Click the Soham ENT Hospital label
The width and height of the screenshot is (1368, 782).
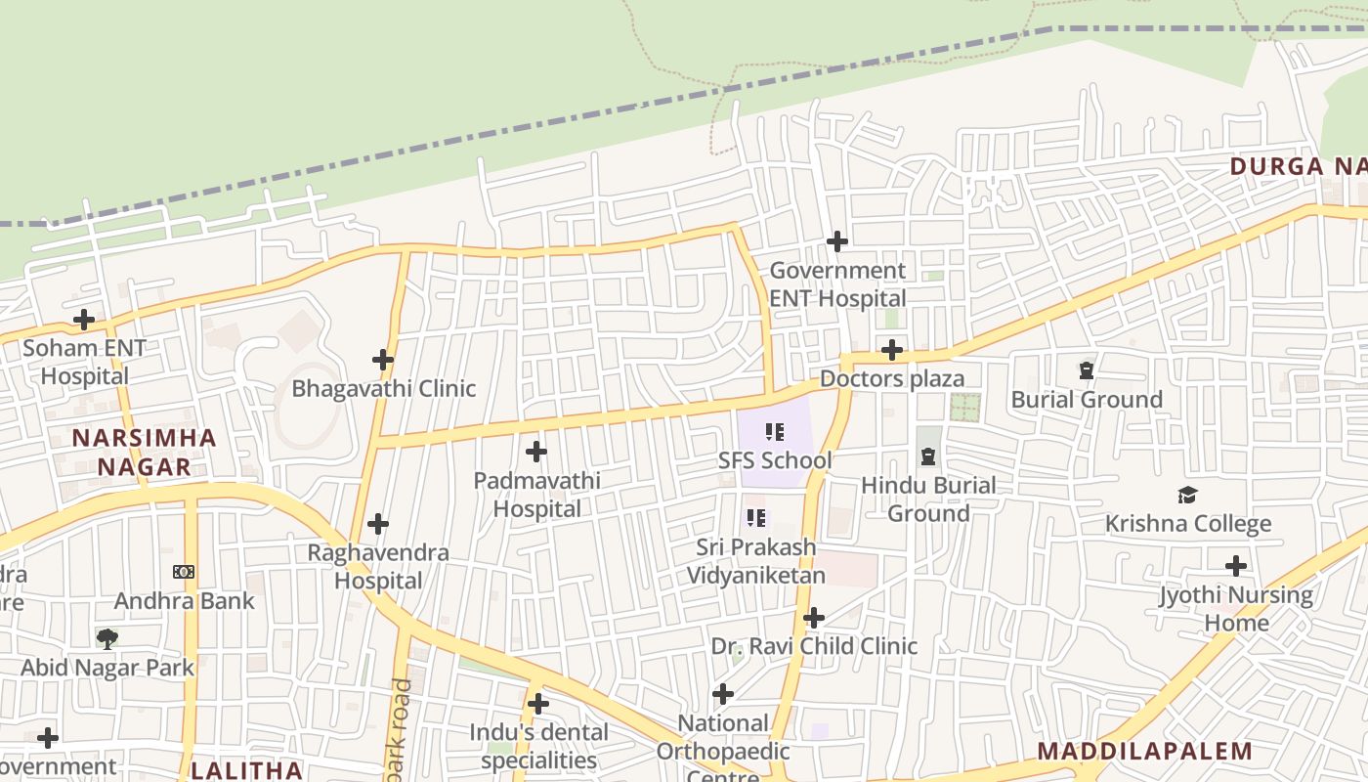click(x=84, y=362)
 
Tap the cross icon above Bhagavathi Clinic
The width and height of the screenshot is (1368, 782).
click(x=383, y=360)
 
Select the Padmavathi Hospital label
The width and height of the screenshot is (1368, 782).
click(x=536, y=495)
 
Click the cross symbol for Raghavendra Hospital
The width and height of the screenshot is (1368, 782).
click(x=378, y=524)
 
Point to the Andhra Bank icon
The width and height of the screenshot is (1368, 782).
click(x=184, y=572)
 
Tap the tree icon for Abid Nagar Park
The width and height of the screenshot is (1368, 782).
click(x=107, y=639)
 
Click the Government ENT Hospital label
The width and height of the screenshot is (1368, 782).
click(x=837, y=284)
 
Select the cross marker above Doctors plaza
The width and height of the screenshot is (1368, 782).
click(x=891, y=350)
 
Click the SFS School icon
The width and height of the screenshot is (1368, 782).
click(x=775, y=431)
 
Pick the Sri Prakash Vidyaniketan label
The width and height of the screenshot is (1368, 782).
click(x=755, y=561)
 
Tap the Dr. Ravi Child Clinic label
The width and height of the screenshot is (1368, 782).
click(x=814, y=646)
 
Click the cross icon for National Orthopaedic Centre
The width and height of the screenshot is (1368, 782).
click(x=723, y=694)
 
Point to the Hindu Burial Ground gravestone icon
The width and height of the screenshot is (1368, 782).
click(x=927, y=456)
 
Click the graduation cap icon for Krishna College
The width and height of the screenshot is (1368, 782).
click(x=1187, y=495)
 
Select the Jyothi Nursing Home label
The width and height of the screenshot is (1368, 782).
click(x=1236, y=608)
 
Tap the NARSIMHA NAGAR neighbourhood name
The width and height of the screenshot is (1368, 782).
click(x=145, y=452)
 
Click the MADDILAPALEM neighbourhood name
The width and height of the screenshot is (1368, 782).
click(x=1144, y=751)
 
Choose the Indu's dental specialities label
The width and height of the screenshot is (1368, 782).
click(x=538, y=746)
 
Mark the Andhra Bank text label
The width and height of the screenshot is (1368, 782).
click(x=184, y=600)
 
